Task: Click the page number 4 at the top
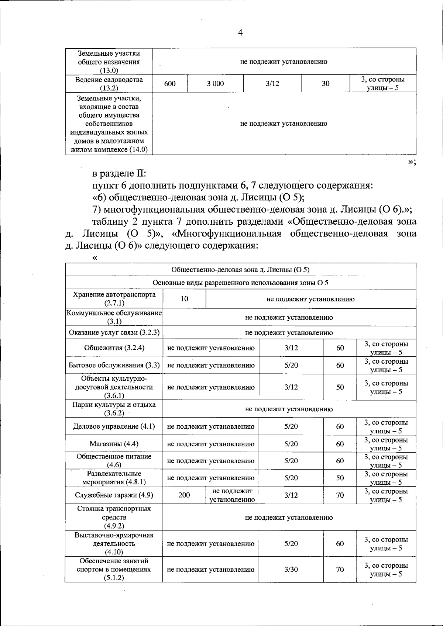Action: [x=240, y=33]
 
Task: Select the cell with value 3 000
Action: [x=215, y=84]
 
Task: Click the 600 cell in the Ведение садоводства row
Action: [x=170, y=84]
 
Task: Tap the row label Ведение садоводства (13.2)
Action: [x=109, y=84]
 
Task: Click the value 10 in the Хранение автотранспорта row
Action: [x=184, y=299]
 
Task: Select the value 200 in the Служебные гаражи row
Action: [x=184, y=495]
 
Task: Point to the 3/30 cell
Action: [x=291, y=569]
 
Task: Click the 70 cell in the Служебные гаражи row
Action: [x=340, y=495]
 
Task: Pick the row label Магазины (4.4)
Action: [x=114, y=444]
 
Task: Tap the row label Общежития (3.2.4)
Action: [x=114, y=348]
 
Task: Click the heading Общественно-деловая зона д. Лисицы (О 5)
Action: [x=240, y=270]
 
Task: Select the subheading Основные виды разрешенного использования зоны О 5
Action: [x=240, y=283]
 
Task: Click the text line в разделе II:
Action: [x=119, y=173]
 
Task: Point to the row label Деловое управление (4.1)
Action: [x=114, y=426]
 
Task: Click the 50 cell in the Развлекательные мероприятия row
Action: [x=340, y=478]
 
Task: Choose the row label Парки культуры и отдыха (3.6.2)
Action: [x=114, y=409]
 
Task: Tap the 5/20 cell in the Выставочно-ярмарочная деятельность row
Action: [x=291, y=543]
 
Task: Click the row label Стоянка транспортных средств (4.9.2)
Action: [x=114, y=517]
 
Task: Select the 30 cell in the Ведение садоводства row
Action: [x=325, y=84]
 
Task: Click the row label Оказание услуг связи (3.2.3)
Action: [x=114, y=333]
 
